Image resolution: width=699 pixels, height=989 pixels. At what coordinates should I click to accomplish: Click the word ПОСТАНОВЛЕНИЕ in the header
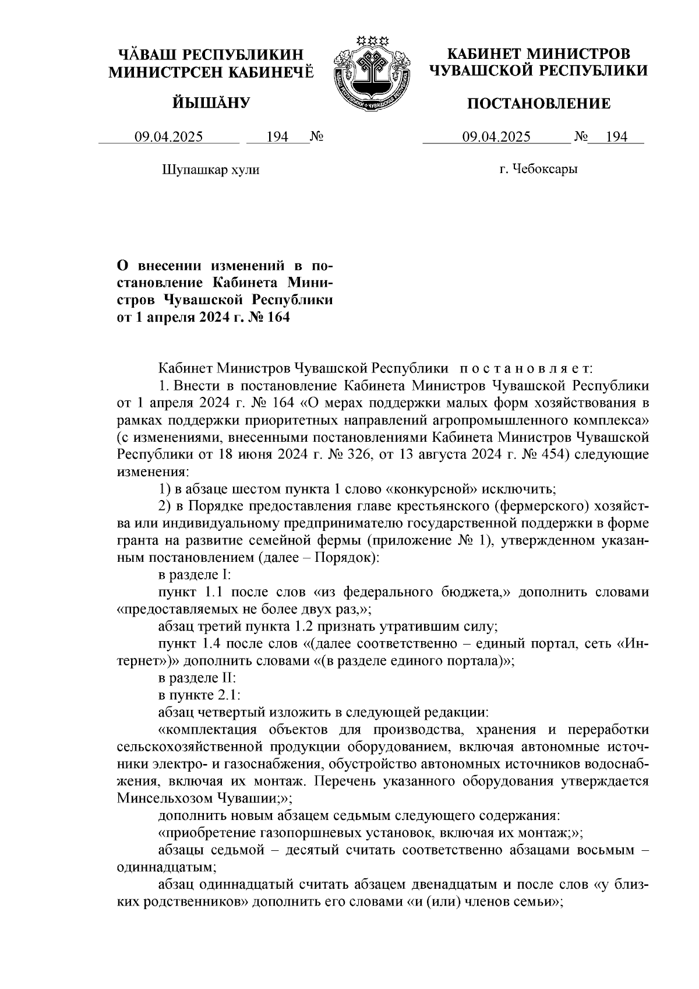click(539, 104)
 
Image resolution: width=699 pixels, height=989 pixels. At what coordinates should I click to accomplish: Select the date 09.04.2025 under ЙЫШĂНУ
click(169, 137)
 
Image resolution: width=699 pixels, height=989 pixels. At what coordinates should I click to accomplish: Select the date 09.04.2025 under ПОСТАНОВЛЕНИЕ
click(496, 137)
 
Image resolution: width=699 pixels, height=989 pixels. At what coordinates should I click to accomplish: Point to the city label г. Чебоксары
click(538, 170)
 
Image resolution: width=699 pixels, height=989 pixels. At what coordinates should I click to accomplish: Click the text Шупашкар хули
click(210, 170)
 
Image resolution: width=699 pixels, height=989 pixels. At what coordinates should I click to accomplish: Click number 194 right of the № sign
click(616, 137)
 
